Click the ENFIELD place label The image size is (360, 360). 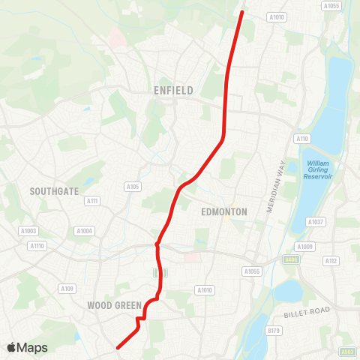pos(173,91)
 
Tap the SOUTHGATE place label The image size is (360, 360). pos(54,191)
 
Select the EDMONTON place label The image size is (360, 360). pos(224,212)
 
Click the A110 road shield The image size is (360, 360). pos(302,139)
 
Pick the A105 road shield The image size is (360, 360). pos(133,187)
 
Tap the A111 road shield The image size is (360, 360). pos(92,200)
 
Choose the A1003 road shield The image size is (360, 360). pos(29,231)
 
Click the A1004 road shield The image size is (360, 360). pos(84,231)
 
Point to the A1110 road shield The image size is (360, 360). pos(36,245)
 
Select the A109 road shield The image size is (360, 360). pos(68,289)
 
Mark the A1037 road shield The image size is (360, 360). pos(316,221)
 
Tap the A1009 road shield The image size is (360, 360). pos(304,246)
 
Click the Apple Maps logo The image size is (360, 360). pos(27,348)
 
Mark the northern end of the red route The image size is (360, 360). pos(241,11)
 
